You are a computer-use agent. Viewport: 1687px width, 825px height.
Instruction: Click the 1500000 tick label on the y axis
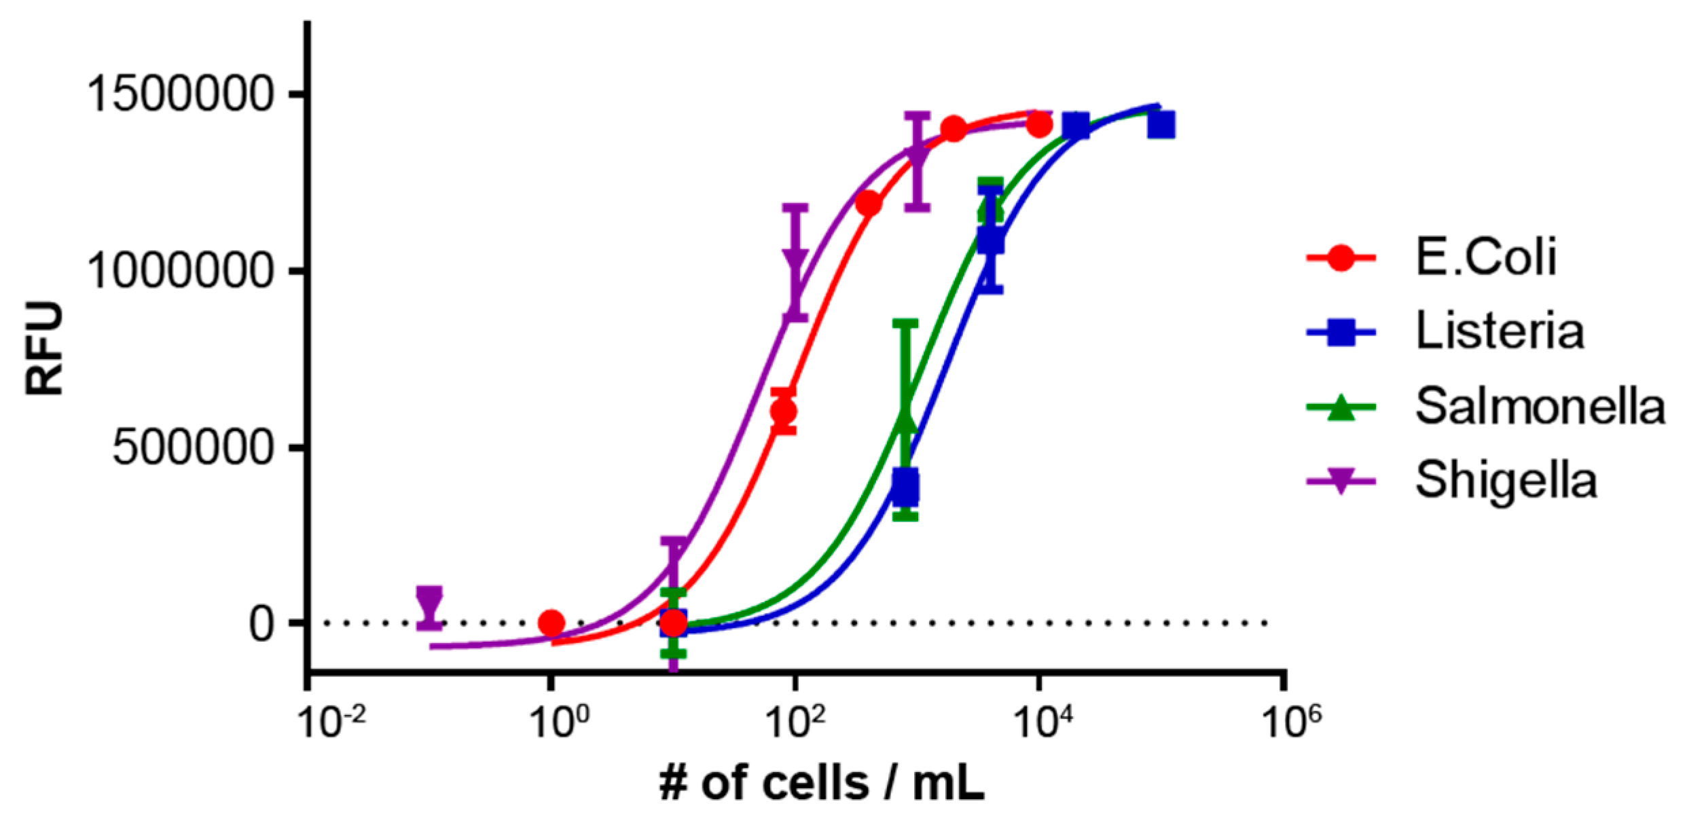point(180,94)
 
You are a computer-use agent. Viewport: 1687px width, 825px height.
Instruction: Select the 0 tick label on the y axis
point(261,623)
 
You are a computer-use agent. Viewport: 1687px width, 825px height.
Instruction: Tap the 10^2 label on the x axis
point(795,722)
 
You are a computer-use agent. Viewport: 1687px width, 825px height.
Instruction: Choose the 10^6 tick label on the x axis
point(1290,722)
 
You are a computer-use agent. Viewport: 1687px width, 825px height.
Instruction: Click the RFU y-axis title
point(44,348)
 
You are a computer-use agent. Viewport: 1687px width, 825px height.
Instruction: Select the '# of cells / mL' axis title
point(822,784)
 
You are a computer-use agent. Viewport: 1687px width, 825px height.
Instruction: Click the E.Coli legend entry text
point(1486,257)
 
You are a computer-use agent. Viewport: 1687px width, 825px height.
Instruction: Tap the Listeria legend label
point(1500,331)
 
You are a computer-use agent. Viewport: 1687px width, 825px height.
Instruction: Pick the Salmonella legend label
point(1540,407)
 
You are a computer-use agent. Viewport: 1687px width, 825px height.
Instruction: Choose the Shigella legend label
point(1506,481)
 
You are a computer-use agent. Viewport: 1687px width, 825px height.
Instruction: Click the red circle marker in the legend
point(1341,258)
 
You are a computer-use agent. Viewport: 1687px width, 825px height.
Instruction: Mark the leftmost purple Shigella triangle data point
point(429,602)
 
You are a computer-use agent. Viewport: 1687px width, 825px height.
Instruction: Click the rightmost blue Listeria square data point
point(1162,126)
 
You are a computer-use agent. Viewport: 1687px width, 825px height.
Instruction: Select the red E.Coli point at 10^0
point(551,623)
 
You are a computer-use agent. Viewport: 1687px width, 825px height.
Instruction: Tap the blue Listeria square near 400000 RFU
point(906,486)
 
